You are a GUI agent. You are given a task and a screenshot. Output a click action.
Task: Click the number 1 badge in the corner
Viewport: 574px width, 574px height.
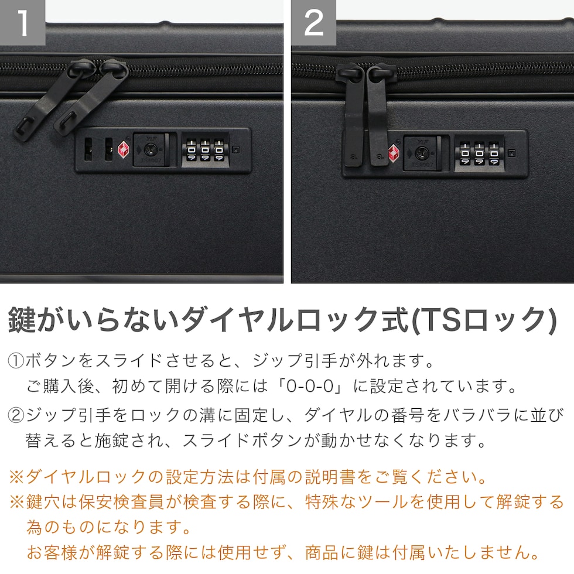(x=22, y=22)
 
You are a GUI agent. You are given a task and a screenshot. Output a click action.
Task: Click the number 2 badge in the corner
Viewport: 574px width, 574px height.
(x=314, y=22)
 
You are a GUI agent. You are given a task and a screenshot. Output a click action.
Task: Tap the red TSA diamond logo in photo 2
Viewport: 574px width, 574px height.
(x=394, y=152)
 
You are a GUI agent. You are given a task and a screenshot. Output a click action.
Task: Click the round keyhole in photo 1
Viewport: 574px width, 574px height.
(x=150, y=149)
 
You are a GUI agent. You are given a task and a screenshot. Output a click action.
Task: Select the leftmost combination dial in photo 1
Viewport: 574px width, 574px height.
(x=191, y=150)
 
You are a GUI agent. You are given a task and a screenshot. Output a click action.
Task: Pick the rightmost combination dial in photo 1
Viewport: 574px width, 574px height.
(x=219, y=150)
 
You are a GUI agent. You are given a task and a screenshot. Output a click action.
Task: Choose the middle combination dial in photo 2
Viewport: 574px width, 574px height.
(x=479, y=153)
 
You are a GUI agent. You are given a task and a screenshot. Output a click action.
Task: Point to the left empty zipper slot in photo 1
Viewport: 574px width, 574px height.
(x=88, y=149)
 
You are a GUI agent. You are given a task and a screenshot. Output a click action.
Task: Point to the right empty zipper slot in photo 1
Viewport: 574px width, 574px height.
(x=109, y=149)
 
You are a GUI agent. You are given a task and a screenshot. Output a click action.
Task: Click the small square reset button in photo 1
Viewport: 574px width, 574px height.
(x=236, y=149)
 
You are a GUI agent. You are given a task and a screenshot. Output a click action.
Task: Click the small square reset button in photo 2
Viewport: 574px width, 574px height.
(x=512, y=153)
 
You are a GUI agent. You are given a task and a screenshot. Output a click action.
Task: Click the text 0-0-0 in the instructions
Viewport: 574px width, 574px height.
(x=310, y=386)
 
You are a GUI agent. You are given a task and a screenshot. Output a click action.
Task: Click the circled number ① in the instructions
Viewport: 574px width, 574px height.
(x=16, y=361)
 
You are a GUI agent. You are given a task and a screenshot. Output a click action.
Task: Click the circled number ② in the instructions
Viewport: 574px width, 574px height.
(x=16, y=415)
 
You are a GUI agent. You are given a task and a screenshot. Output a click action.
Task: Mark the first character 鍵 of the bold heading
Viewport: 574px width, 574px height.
(x=22, y=320)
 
